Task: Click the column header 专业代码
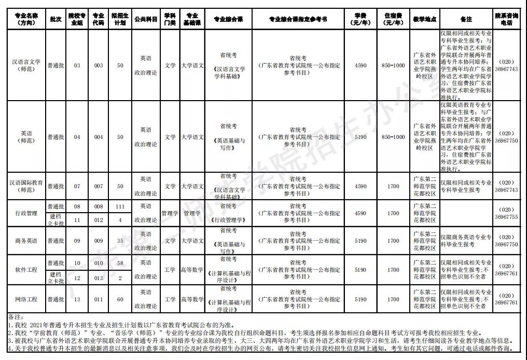[x=99, y=19]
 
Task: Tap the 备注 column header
[x=466, y=19]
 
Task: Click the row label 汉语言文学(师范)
[x=25, y=65]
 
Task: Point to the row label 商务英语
[x=25, y=241]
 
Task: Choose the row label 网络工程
[x=25, y=299]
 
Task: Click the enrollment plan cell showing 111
[x=120, y=206]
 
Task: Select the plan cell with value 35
[x=120, y=241]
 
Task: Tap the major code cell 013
[x=99, y=278]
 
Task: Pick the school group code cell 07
[x=77, y=186]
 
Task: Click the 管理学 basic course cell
[x=192, y=213]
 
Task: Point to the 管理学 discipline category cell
[x=170, y=213]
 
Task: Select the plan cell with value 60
[x=120, y=299]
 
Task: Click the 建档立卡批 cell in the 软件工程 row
[x=56, y=278]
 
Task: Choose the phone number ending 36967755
[x=506, y=213]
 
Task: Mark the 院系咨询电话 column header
[x=506, y=19]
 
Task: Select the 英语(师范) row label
[x=25, y=137]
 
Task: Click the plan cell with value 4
[x=120, y=220]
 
